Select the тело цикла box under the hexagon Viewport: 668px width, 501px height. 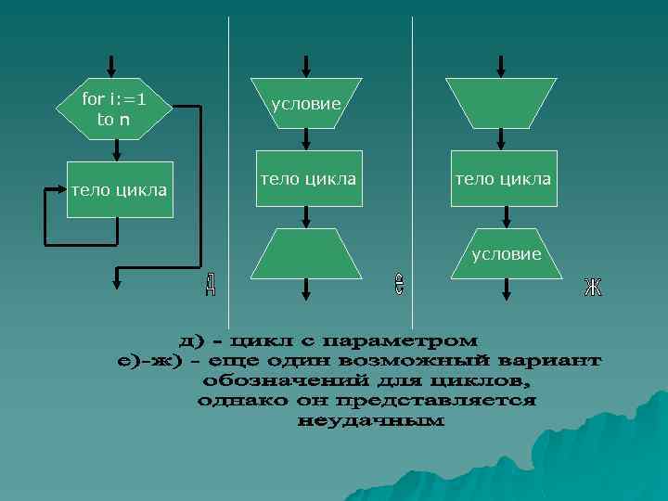click(x=119, y=190)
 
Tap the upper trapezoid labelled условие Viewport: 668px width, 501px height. click(x=306, y=104)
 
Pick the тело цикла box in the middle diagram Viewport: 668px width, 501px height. click(x=308, y=177)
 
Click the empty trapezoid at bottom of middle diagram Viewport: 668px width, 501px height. click(x=307, y=254)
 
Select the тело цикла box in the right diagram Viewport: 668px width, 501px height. click(x=503, y=177)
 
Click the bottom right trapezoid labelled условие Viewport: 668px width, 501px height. click(x=506, y=252)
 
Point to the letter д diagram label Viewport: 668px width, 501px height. click(x=211, y=284)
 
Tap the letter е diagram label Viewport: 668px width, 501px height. click(x=398, y=284)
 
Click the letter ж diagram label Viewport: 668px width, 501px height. click(x=593, y=288)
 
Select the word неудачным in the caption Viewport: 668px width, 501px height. click(x=371, y=421)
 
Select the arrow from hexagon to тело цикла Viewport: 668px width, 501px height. click(x=116, y=150)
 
